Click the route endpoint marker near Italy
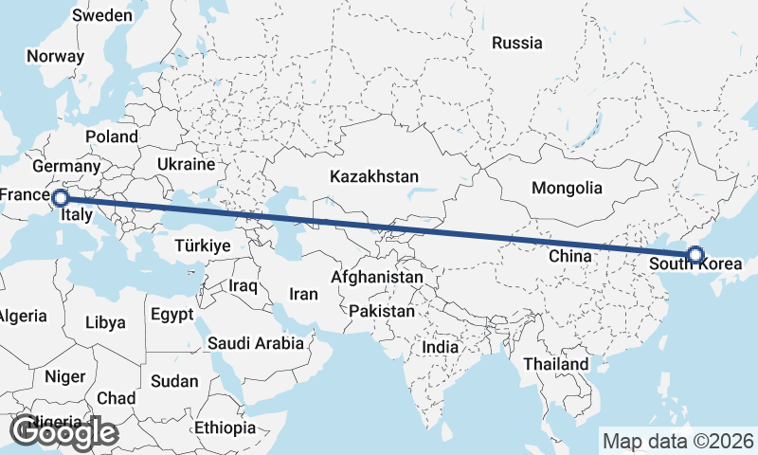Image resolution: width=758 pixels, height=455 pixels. pos(60,198)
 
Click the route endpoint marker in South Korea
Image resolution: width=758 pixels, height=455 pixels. pos(695,254)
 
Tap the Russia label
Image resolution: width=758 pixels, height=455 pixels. pos(517,43)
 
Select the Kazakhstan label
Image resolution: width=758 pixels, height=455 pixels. pos(374,176)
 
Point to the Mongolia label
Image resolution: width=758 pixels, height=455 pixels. pos(567,188)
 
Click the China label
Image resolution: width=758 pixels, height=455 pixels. pos(570,256)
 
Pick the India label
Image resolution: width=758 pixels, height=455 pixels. pos(440,347)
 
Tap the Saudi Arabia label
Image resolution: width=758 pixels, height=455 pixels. pos(256,343)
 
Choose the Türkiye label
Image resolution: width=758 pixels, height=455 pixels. pos(203,246)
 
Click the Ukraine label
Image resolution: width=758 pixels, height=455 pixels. pos(188,164)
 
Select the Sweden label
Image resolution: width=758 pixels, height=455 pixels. pos(102,15)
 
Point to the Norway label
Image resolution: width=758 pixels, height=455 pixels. pos(56,56)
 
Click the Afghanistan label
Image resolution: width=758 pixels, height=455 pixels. pos(376,278)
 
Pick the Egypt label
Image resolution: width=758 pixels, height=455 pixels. pos(171,314)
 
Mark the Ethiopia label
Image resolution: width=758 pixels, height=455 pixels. pos(226,428)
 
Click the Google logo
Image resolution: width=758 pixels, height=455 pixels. pos(63,432)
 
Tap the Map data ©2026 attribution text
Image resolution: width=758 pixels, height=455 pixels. pos(678,441)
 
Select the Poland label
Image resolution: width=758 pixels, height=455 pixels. pos(111,136)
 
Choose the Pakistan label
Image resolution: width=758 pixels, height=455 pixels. pos(382,311)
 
